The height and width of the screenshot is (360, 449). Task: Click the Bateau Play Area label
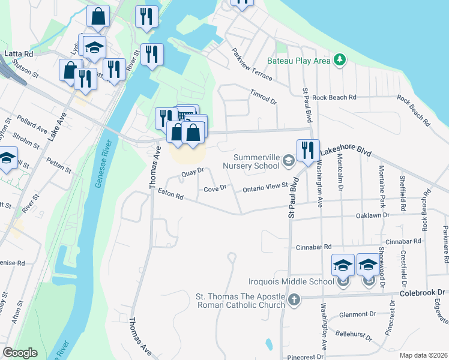[x=299, y=61]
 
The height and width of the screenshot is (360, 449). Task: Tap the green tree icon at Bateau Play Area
[x=340, y=59]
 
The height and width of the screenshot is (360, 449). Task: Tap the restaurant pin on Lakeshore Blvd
[x=308, y=151]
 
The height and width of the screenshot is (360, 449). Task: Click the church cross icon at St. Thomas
[x=294, y=299]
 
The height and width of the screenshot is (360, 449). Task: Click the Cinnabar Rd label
[x=313, y=247]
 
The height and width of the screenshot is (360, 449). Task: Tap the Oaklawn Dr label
[x=372, y=215]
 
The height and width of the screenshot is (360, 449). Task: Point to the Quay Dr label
[x=193, y=173]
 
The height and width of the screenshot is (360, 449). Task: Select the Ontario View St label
[x=265, y=188]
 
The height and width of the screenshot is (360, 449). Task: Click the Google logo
[x=20, y=353]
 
